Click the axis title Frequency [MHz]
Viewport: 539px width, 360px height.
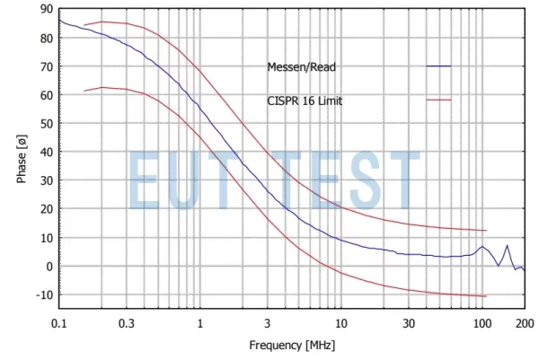[x=292, y=345]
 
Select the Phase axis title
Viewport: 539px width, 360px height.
[x=21, y=158]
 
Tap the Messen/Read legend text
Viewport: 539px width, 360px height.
[x=304, y=66]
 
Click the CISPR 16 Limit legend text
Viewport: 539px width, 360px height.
[x=305, y=101]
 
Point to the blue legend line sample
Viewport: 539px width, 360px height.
[x=438, y=66]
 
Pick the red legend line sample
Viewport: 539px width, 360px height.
[x=438, y=101]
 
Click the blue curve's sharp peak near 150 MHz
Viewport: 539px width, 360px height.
[x=507, y=245]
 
